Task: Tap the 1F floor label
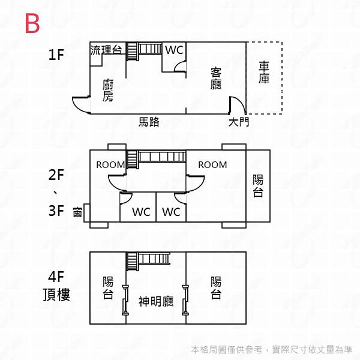pos(56,56)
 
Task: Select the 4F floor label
pos(56,277)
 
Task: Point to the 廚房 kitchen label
pos(108,91)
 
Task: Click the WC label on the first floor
pos(174,50)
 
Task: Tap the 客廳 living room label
pos(216,79)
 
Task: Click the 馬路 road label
pos(149,122)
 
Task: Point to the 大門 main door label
pos(239,122)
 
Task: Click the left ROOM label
pos(110,165)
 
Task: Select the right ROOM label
pos(212,165)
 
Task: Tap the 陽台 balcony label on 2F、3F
pos(258,185)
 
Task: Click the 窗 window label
pos(77,212)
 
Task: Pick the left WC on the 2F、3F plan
pos(141,212)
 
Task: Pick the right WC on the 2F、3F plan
pos(171,212)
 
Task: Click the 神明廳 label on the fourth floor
pos(156,301)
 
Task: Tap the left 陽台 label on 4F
pos(108,287)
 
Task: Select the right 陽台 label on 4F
pos(216,287)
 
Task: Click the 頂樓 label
pos(56,295)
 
